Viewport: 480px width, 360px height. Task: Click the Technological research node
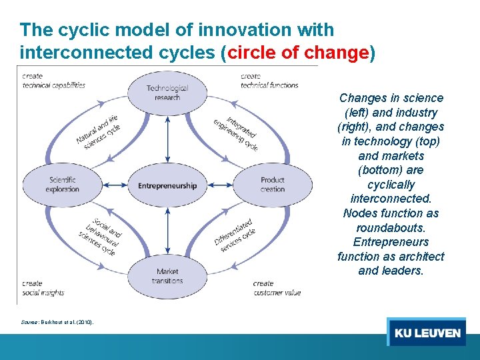pos(167,93)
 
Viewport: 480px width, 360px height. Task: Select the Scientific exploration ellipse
pos(62,184)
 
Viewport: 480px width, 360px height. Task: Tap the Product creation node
pos(272,184)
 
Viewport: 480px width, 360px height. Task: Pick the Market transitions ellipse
pos(167,275)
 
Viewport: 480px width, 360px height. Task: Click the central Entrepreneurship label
pos(167,185)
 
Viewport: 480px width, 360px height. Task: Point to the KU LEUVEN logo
pos(427,332)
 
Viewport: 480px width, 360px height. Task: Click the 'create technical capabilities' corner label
pos(53,81)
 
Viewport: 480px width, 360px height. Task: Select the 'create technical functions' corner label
pos(269,81)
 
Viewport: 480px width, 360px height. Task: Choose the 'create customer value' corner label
pos(277,288)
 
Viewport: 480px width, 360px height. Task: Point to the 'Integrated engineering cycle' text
pos(237,133)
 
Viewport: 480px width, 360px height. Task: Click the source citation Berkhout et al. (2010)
pos(58,323)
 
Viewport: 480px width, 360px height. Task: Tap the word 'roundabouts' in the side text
pos(391,227)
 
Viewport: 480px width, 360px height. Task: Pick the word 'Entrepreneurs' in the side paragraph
pos(391,242)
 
